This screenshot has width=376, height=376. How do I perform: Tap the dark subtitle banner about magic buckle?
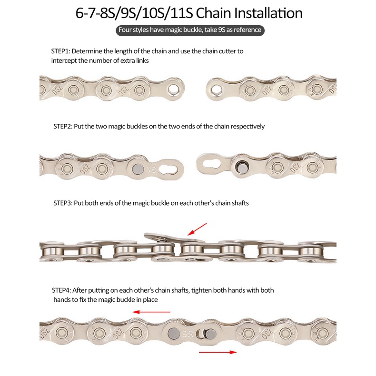[x=190, y=30]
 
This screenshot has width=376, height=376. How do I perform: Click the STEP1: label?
[x=60, y=51]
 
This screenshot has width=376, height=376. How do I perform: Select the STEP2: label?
[x=62, y=127]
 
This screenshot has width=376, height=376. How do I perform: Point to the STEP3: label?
[x=62, y=203]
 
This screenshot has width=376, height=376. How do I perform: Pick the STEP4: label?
[x=61, y=290]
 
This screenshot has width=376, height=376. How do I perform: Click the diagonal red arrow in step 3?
[x=197, y=229]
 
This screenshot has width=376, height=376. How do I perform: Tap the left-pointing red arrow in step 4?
[x=151, y=312]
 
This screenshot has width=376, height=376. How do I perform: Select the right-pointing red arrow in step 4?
[x=218, y=352]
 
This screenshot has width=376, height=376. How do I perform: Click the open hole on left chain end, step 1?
[x=173, y=89]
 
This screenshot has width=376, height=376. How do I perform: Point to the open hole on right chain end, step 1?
[x=216, y=89]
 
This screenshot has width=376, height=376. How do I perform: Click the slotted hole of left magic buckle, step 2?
[x=168, y=170]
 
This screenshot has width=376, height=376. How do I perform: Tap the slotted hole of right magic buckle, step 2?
[x=212, y=164]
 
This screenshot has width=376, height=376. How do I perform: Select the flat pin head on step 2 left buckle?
[x=138, y=169]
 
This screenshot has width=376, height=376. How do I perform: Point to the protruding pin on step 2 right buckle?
[x=241, y=167]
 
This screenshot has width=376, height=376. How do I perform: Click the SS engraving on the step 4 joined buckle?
[x=187, y=334]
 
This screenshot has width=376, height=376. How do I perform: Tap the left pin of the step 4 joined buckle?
[x=174, y=334]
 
